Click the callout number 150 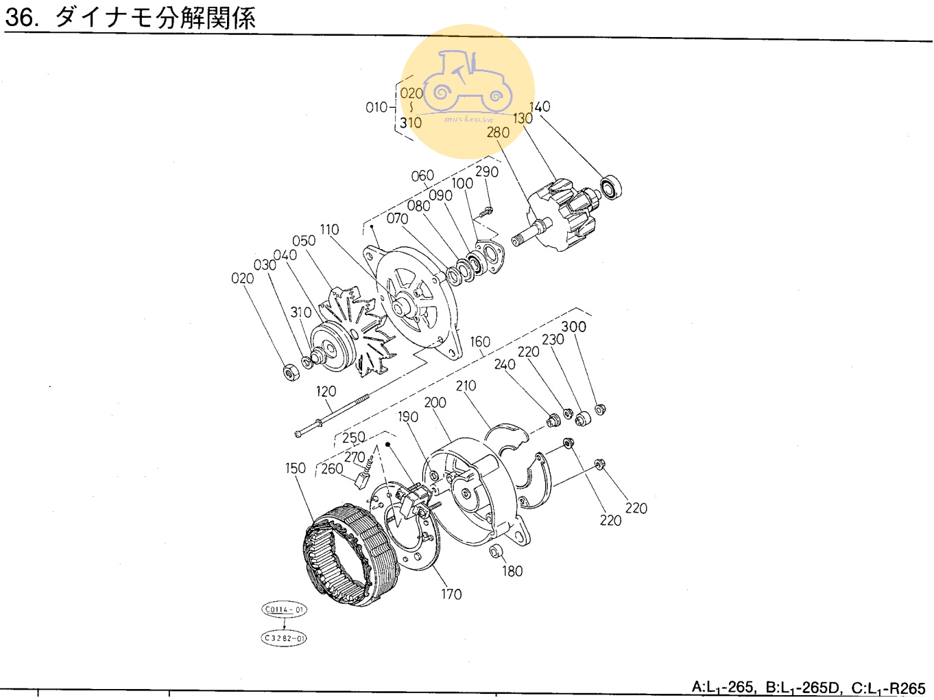click(295, 468)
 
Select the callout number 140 click(539, 106)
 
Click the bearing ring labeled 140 click(610, 187)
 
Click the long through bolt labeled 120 click(333, 416)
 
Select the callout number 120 click(326, 391)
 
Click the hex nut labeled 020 click(291, 371)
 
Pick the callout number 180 click(512, 571)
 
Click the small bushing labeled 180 click(495, 550)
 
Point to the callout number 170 click(451, 594)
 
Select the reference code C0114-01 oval click(284, 609)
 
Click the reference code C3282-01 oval click(284, 638)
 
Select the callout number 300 click(573, 327)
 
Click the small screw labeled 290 click(486, 211)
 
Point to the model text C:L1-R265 click(888, 688)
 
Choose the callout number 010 click(376, 107)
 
